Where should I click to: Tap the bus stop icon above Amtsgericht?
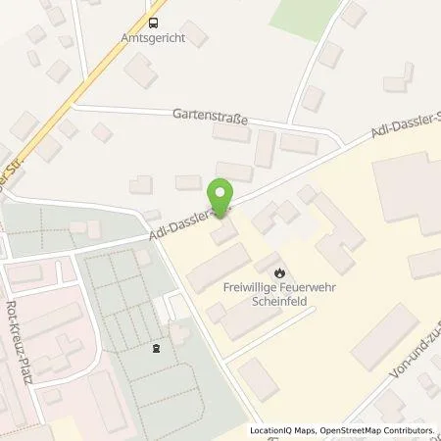pyautogui.click(x=153, y=21)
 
